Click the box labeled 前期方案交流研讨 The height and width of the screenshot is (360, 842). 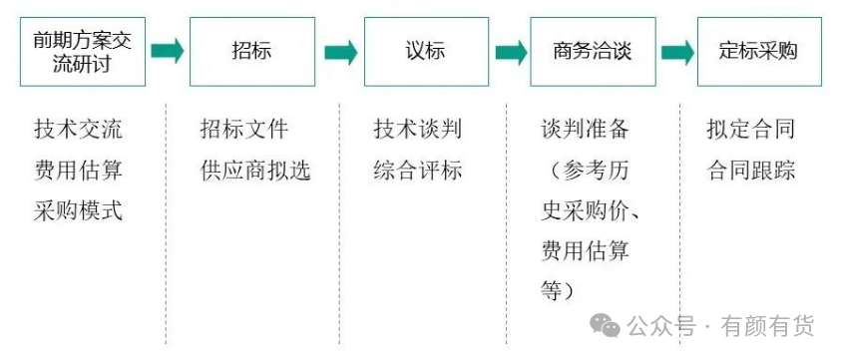pyautogui.click(x=83, y=52)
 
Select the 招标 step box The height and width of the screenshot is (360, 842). pyautogui.click(x=252, y=52)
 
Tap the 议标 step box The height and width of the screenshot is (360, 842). pyautogui.click(x=426, y=52)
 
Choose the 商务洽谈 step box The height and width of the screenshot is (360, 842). pyautogui.click(x=593, y=52)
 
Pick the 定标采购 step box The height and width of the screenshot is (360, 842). pyautogui.click(x=759, y=52)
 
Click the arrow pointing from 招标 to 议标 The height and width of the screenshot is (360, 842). pyautogui.click(x=341, y=52)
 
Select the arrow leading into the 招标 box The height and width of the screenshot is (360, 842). pyautogui.click(x=168, y=51)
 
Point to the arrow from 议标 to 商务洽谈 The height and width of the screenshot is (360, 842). pyautogui.click(x=511, y=52)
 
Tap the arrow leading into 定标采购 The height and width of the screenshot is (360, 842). pyautogui.click(x=677, y=52)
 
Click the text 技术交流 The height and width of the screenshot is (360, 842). pyautogui.click(x=79, y=130)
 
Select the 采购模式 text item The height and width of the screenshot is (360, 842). pyautogui.click(x=79, y=209)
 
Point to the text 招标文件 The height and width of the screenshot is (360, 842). pyautogui.click(x=244, y=130)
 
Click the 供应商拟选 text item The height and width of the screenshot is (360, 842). pyautogui.click(x=255, y=171)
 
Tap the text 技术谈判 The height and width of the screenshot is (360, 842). pyautogui.click(x=418, y=130)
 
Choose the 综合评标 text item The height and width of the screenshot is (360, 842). pyautogui.click(x=418, y=171)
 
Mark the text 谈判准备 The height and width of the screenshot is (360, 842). pyautogui.click(x=585, y=130)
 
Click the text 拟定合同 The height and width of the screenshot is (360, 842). pyautogui.click(x=750, y=130)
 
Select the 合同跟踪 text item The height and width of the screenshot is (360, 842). pyautogui.click(x=750, y=171)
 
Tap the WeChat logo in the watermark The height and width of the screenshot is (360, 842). pyautogui.click(x=606, y=326)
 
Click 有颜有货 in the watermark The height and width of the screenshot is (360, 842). pyautogui.click(x=767, y=326)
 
